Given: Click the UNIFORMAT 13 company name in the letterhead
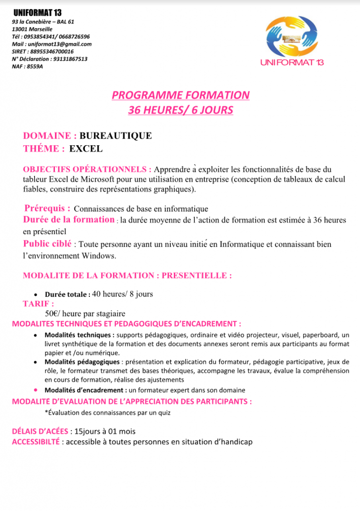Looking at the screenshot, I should coord(37,12).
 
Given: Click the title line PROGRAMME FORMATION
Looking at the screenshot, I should coord(180,95).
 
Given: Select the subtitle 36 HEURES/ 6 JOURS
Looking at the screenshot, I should coord(180,110).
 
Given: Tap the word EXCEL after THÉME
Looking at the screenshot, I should coord(85,148).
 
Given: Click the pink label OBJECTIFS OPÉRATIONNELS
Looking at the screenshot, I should coord(87,169).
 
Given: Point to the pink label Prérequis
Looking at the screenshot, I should coord(47,208).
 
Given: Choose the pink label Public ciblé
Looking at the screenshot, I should coord(47,244).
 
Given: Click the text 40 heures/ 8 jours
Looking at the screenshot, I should coord(122,294).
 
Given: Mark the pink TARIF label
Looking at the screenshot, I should coord(38,303).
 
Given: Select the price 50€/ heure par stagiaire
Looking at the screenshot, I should coord(85,313).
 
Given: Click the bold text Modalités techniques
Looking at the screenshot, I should coord(78,335).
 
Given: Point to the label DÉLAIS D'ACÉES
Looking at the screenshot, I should coord(40,431).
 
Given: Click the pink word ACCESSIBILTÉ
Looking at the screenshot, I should coord(36,442).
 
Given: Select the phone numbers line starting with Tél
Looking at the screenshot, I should coord(51,36).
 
